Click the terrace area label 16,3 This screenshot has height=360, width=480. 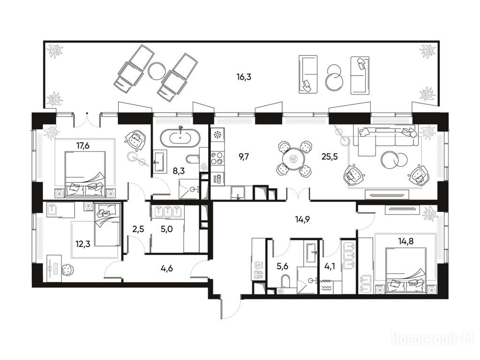(244, 76)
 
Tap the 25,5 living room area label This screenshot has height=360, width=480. (330, 157)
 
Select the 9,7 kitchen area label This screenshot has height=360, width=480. (244, 157)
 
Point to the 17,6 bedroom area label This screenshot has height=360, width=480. (82, 145)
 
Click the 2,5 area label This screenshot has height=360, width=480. (138, 229)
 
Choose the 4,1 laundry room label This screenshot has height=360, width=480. (330, 266)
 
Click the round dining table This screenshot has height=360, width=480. (293, 159)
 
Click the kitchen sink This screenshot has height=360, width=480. (238, 193)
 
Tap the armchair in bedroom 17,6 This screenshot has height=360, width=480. (135, 140)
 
